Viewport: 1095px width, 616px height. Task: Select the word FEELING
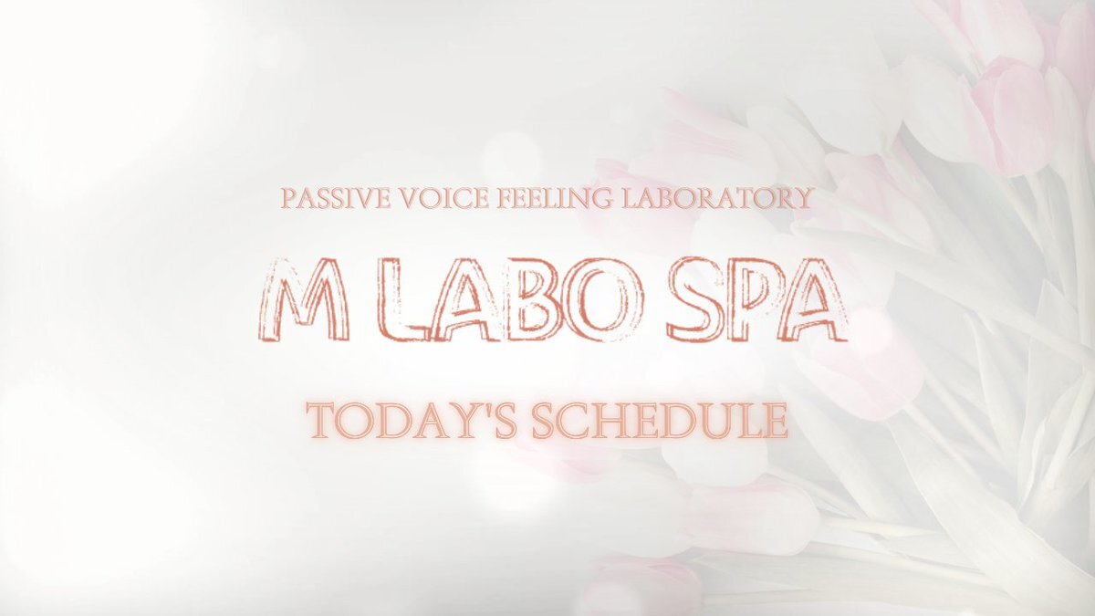click(555, 199)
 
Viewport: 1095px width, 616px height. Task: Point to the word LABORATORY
click(716, 199)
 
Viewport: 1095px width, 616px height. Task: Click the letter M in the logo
click(304, 299)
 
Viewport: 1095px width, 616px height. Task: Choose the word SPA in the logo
click(756, 299)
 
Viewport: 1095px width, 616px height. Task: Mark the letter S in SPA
click(695, 299)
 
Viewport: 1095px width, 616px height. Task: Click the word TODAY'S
click(412, 422)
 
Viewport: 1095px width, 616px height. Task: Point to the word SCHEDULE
click(660, 422)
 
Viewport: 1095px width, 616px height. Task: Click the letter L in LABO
click(407, 299)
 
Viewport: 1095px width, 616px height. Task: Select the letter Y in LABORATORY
click(802, 199)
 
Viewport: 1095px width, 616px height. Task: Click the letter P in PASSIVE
click(289, 199)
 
